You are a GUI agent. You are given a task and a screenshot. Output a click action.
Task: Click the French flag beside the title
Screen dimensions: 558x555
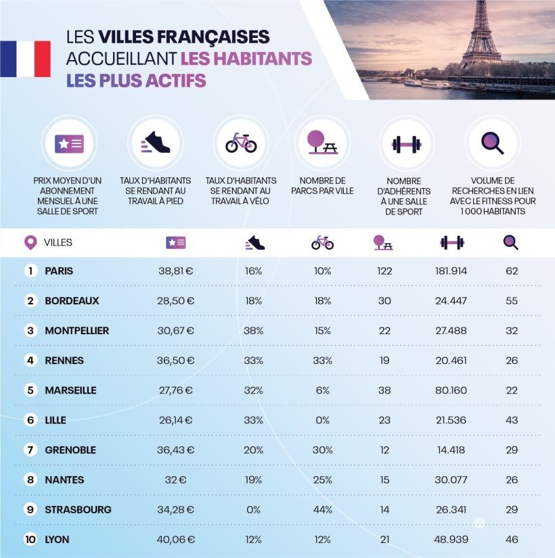pyautogui.click(x=25, y=59)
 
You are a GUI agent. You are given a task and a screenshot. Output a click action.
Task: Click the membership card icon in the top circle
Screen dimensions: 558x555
pyautogui.click(x=69, y=143)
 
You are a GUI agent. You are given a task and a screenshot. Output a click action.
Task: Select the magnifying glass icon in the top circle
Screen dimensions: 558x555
pyautogui.click(x=492, y=143)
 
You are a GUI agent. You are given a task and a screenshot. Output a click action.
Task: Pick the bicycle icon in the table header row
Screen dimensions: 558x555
pyautogui.click(x=322, y=242)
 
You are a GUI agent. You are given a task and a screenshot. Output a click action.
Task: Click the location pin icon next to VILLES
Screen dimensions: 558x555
pyautogui.click(x=30, y=242)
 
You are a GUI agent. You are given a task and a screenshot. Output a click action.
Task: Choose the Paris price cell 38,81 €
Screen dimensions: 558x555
pyautogui.click(x=175, y=271)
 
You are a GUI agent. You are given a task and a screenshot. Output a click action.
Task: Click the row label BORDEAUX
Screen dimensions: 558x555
pyautogui.click(x=72, y=301)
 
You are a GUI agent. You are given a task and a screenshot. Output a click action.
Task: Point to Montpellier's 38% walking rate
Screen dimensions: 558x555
pyautogui.click(x=253, y=331)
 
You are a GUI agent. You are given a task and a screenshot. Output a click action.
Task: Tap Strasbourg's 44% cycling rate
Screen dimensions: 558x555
pyautogui.click(x=322, y=509)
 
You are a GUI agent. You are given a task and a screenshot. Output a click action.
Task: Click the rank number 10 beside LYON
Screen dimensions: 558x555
pyautogui.click(x=30, y=539)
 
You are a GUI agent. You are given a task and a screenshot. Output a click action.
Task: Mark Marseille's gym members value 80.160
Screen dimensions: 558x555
pyautogui.click(x=451, y=390)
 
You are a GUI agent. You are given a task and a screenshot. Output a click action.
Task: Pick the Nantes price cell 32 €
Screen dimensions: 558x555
pyautogui.click(x=175, y=480)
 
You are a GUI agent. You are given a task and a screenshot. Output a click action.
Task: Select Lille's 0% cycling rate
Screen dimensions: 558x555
pyautogui.click(x=322, y=420)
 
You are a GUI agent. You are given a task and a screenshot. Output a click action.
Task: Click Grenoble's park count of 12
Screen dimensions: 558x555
pyautogui.click(x=384, y=450)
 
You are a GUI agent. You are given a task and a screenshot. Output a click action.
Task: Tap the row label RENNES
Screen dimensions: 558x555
pyautogui.click(x=64, y=361)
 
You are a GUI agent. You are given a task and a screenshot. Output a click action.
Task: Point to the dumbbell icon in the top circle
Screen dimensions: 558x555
pyautogui.click(x=406, y=143)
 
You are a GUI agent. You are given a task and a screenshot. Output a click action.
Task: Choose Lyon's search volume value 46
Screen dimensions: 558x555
pyautogui.click(x=511, y=539)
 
